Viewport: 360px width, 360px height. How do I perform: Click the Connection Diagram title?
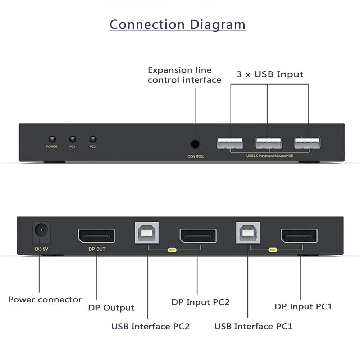[x=178, y=24]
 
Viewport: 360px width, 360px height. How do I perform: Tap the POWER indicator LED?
[x=52, y=139]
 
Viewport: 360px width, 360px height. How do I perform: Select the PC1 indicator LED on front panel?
[x=72, y=139]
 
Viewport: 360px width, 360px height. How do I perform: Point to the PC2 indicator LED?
[x=93, y=139]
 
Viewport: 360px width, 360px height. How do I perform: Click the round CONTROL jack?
[x=195, y=145]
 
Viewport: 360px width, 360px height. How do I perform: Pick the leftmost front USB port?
[x=230, y=143]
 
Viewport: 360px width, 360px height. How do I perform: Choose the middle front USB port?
[x=269, y=143]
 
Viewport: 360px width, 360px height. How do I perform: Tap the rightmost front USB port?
[x=307, y=143]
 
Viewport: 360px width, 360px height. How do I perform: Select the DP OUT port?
[x=97, y=236]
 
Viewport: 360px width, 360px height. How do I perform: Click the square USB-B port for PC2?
[x=147, y=233]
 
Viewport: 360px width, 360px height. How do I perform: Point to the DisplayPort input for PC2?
[x=198, y=236]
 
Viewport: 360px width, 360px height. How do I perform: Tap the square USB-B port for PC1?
[x=248, y=233]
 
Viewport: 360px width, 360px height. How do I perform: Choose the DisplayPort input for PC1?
[x=299, y=236]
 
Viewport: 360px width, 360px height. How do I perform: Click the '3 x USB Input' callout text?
[x=270, y=74]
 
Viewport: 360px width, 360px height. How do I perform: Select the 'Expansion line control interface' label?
[x=184, y=75]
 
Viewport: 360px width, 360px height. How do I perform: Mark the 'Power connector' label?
[x=45, y=300]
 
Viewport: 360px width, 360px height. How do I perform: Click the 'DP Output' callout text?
[x=111, y=308]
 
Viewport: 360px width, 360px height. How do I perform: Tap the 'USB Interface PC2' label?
[x=150, y=327]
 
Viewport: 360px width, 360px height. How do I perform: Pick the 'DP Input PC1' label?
[x=304, y=306]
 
